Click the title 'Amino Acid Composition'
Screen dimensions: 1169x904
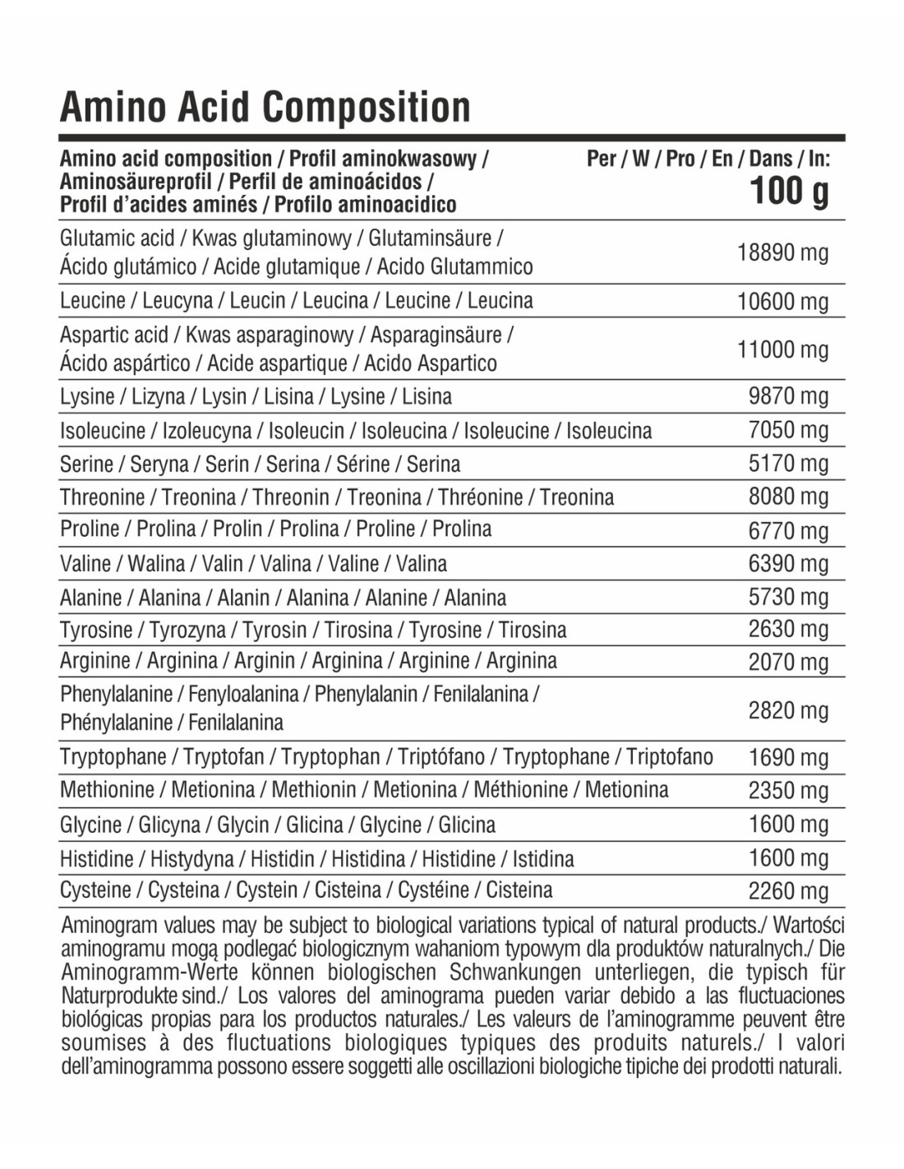pyautogui.click(x=265, y=108)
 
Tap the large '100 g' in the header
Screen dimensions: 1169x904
pyautogui.click(x=789, y=192)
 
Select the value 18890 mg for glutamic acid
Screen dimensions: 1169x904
pyautogui.click(x=782, y=252)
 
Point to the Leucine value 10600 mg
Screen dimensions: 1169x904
pyautogui.click(x=782, y=301)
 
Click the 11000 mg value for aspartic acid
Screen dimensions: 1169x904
pyautogui.click(x=782, y=349)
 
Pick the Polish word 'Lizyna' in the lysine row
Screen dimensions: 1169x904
pyautogui.click(x=158, y=397)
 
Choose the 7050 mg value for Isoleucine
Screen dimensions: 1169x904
pyautogui.click(x=788, y=430)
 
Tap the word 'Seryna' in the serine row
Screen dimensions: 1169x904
pyautogui.click(x=159, y=464)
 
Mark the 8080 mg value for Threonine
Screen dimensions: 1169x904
pyautogui.click(x=788, y=497)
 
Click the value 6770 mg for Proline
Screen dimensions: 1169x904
pyautogui.click(x=788, y=530)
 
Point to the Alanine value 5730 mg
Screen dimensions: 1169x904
pyautogui.click(x=788, y=597)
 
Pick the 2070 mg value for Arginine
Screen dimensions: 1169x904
pyautogui.click(x=788, y=662)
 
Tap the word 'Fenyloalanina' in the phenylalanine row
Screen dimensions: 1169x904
pyautogui.click(x=243, y=695)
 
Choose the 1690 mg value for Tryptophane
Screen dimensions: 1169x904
pyautogui.click(x=788, y=757)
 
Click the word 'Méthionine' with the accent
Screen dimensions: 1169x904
pyautogui.click(x=520, y=790)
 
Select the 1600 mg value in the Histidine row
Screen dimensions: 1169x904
pyautogui.click(x=788, y=858)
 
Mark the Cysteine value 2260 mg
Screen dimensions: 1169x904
pyautogui.click(x=788, y=891)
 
